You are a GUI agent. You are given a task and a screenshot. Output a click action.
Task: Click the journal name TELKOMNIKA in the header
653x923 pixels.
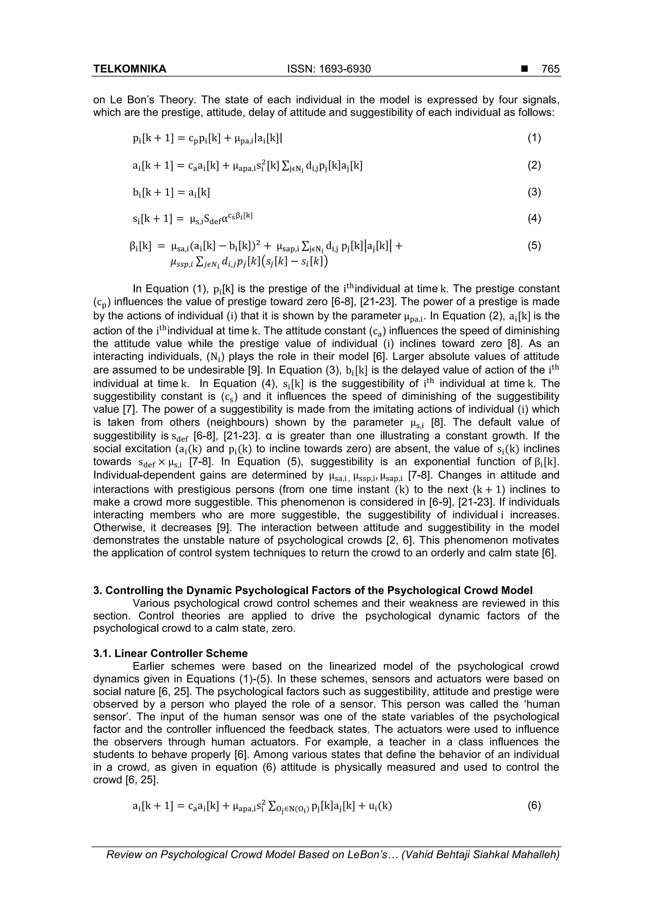[x=129, y=69]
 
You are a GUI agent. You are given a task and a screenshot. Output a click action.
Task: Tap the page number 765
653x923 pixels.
[x=550, y=69]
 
